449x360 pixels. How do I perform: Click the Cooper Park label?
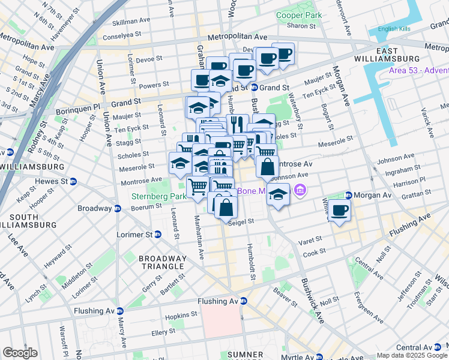click(x=298, y=15)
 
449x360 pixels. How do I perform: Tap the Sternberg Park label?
click(x=159, y=196)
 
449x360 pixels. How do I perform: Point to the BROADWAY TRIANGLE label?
click(x=161, y=262)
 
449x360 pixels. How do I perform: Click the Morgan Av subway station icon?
click(x=348, y=195)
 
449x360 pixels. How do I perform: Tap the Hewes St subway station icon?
click(x=73, y=181)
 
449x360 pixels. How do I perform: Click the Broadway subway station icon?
click(x=118, y=208)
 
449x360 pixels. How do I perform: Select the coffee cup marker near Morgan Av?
click(x=340, y=211)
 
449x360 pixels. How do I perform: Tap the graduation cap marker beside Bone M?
click(x=277, y=194)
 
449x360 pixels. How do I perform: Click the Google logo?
click(x=20, y=353)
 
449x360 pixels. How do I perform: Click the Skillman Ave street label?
click(x=131, y=20)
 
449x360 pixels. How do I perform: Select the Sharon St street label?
click(x=297, y=26)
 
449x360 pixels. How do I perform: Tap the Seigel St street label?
click(x=242, y=221)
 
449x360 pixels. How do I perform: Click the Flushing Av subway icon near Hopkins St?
click(x=243, y=301)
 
